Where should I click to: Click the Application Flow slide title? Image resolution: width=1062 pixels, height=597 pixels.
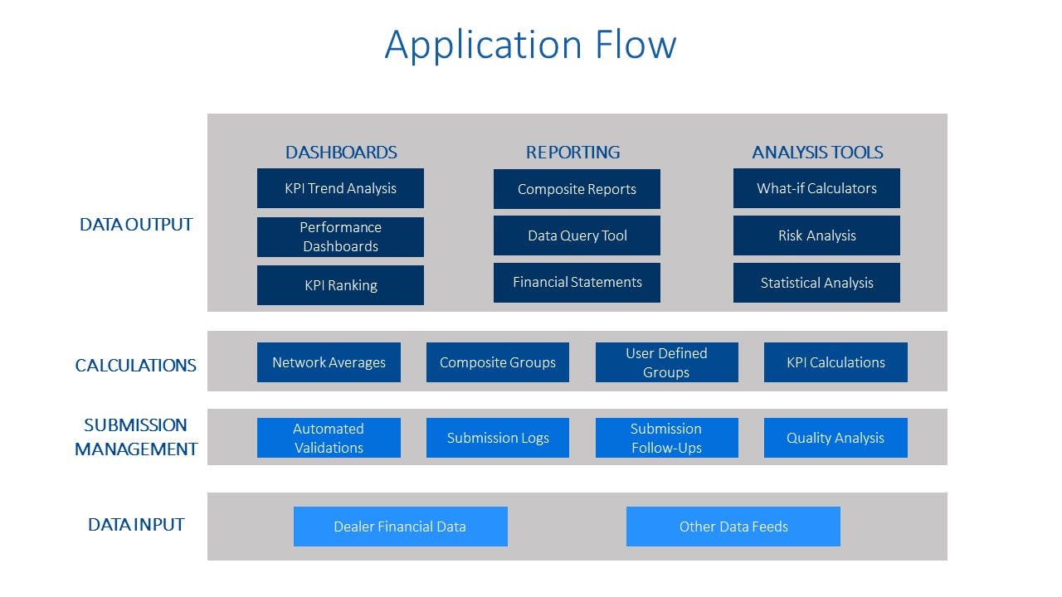tap(530, 44)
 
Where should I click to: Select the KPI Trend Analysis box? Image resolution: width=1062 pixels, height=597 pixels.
tap(340, 188)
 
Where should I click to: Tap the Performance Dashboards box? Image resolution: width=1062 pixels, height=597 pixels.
tap(340, 237)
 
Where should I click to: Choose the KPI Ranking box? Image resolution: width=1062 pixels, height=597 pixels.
tap(340, 285)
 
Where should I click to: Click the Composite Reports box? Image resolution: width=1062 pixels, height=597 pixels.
tap(577, 189)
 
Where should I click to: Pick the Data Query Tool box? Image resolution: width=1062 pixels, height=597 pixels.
tap(577, 235)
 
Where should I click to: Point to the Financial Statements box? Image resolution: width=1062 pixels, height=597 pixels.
tap(577, 283)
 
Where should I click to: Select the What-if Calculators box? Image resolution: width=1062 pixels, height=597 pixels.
tap(816, 188)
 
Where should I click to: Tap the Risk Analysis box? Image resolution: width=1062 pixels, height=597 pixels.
tap(816, 235)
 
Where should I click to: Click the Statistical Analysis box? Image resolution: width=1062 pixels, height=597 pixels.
tap(816, 283)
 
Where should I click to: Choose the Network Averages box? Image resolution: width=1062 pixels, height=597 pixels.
tap(329, 362)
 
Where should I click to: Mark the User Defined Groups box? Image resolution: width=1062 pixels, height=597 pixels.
tap(666, 362)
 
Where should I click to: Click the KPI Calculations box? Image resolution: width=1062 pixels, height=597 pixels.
tap(835, 362)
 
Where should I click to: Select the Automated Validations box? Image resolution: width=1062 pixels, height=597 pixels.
tap(329, 438)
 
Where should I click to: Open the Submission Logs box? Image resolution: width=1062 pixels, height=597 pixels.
tap(498, 438)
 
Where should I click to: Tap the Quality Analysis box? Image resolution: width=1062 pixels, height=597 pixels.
tap(835, 438)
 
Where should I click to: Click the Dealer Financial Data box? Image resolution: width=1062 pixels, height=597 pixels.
tap(400, 527)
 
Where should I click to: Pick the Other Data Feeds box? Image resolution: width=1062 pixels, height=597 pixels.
tap(733, 527)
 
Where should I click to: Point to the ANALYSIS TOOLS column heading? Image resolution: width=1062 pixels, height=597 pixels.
tap(817, 153)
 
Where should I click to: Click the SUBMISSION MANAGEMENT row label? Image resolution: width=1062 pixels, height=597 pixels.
tap(136, 437)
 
